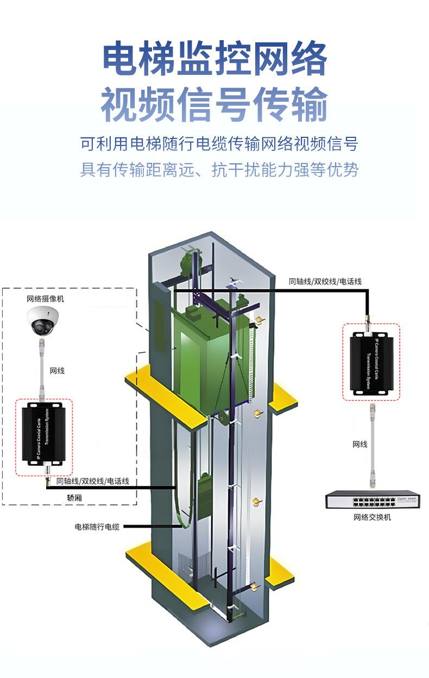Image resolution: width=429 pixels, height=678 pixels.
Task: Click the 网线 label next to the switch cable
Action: [x=360, y=444]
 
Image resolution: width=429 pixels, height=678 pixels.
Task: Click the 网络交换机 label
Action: [x=372, y=517]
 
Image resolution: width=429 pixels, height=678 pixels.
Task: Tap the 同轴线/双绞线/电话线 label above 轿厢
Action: [x=92, y=481]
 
